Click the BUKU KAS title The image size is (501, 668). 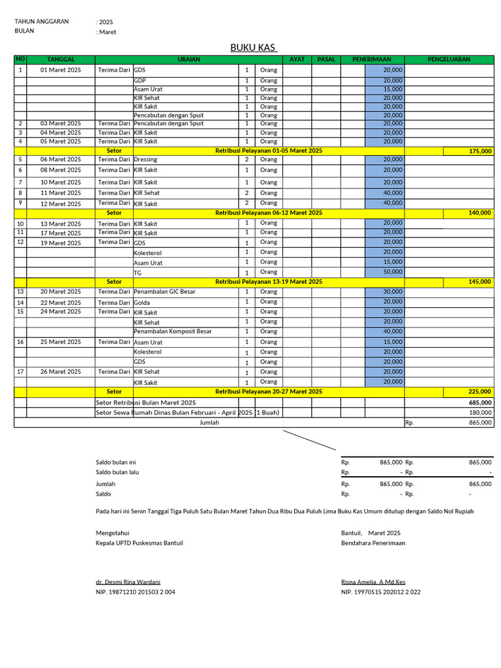click(254, 48)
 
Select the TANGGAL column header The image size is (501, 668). click(61, 59)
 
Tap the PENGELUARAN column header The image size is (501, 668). click(449, 59)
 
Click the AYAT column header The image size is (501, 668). click(297, 59)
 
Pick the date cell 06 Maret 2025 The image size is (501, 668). click(61, 159)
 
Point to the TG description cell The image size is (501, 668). click(138, 273)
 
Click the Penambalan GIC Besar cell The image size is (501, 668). click(164, 292)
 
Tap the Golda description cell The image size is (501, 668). click(142, 303)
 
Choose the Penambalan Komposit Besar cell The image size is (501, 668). click(173, 331)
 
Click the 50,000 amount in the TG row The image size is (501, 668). click(393, 271)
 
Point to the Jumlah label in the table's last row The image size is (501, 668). click(209, 422)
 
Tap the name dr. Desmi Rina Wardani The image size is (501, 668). click(128, 582)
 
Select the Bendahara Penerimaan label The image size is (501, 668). click(372, 543)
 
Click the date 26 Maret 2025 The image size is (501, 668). click(61, 372)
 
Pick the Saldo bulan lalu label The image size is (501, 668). click(117, 472)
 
